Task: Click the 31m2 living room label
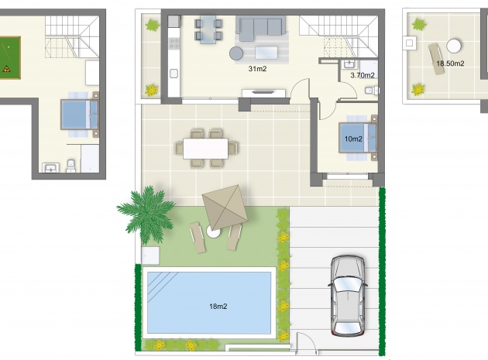click(258, 69)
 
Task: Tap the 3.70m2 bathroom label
click(362, 75)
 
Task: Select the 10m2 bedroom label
click(353, 139)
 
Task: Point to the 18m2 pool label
click(218, 307)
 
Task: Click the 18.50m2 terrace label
click(450, 63)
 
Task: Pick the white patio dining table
click(206, 147)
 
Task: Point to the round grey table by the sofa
click(236, 53)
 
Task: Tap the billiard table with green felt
click(9, 57)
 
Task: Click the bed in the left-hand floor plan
click(79, 115)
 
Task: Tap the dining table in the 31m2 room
click(208, 29)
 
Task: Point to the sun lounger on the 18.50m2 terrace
click(435, 57)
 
